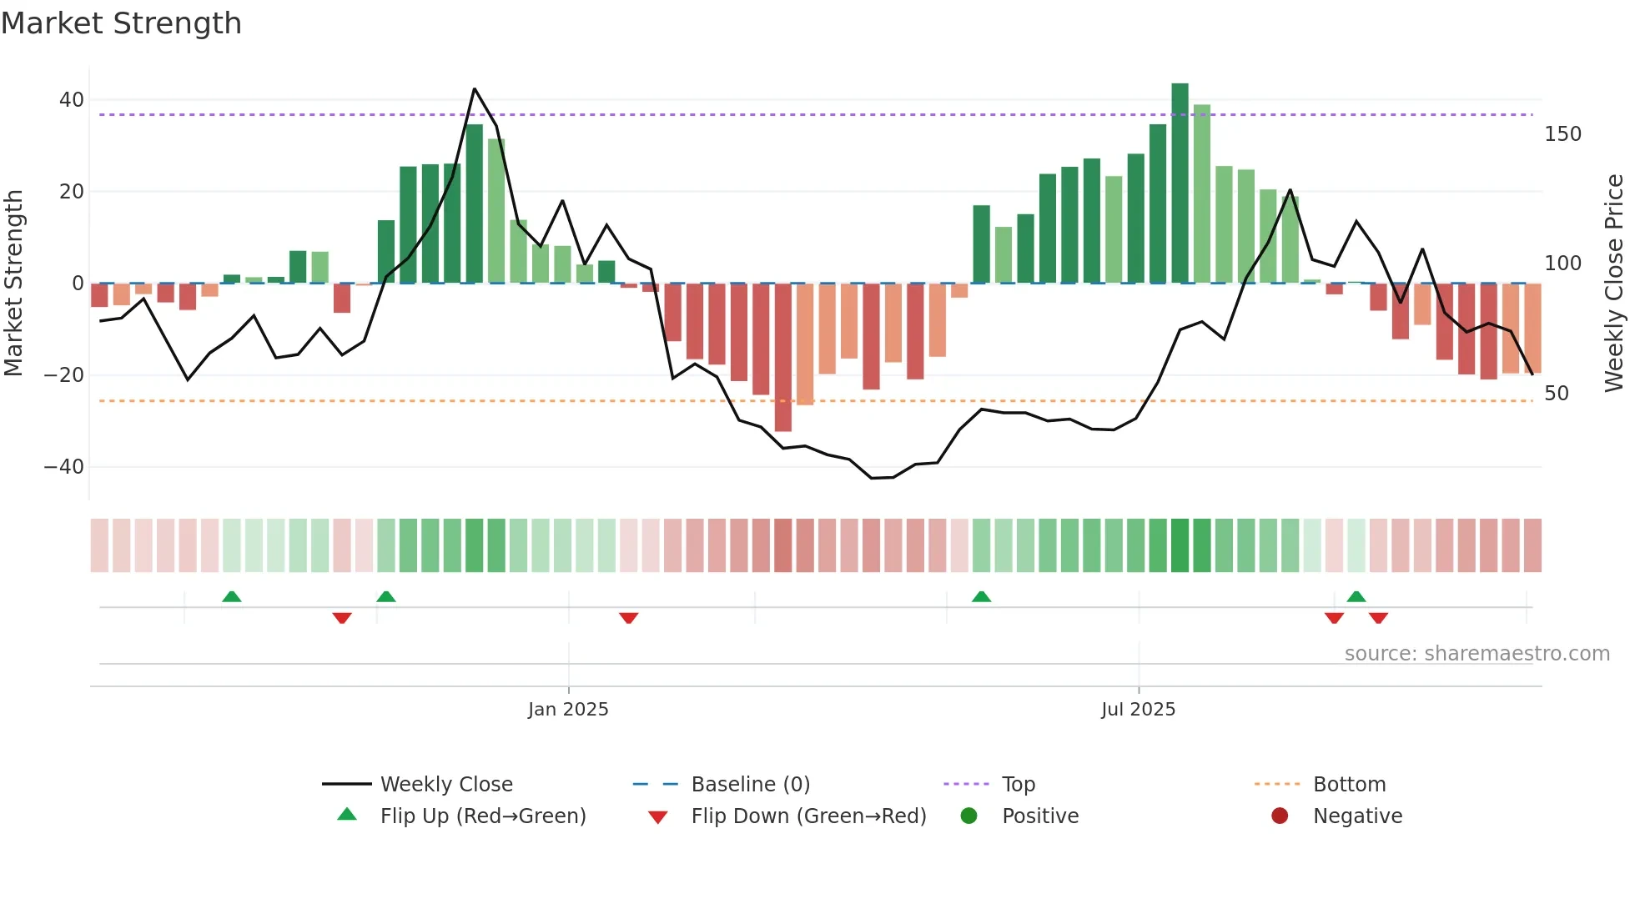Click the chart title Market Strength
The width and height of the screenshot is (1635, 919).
point(121,23)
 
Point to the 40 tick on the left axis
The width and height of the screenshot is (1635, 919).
point(72,100)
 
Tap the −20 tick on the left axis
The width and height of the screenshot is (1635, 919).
point(64,375)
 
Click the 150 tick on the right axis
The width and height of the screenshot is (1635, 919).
point(1562,134)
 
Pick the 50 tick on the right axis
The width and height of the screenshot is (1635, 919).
point(1557,394)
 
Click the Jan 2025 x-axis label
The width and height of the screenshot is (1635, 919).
point(568,710)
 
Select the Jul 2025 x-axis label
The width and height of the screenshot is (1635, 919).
point(1138,710)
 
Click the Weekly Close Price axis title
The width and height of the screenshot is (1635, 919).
point(1615,284)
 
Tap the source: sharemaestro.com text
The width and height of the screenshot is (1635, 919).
point(1477,654)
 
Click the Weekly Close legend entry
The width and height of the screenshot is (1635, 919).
point(445,785)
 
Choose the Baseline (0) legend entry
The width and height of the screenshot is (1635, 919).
point(750,785)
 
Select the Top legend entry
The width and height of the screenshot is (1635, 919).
point(1018,785)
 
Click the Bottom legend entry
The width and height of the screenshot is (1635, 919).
point(1349,785)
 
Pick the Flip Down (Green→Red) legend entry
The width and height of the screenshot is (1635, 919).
point(807,816)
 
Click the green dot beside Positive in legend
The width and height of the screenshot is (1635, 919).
point(968,816)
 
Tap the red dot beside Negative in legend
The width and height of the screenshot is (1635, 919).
point(1280,816)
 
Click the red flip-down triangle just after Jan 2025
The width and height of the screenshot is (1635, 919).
point(629,618)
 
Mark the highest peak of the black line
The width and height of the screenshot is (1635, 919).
point(475,88)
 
